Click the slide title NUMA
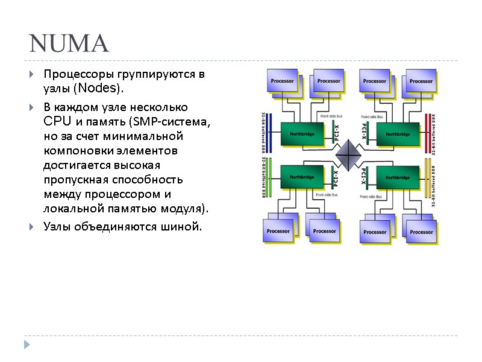point(69,43)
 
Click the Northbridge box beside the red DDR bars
point(397,134)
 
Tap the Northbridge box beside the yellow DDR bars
point(397,177)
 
